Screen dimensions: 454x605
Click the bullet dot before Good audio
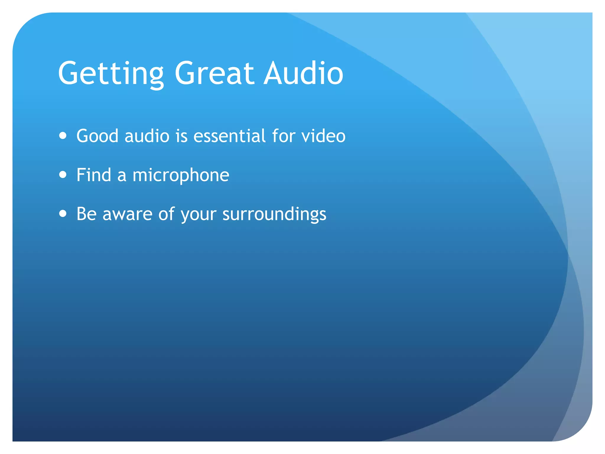click(63, 136)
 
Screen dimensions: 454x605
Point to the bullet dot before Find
click(63, 175)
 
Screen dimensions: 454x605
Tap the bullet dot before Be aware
click(63, 213)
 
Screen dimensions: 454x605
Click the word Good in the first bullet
click(97, 136)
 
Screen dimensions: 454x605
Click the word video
click(323, 136)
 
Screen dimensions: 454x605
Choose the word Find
click(94, 175)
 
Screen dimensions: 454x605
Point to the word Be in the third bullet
click(87, 214)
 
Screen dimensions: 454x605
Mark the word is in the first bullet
click(181, 136)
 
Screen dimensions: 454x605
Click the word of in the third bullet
click(166, 214)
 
